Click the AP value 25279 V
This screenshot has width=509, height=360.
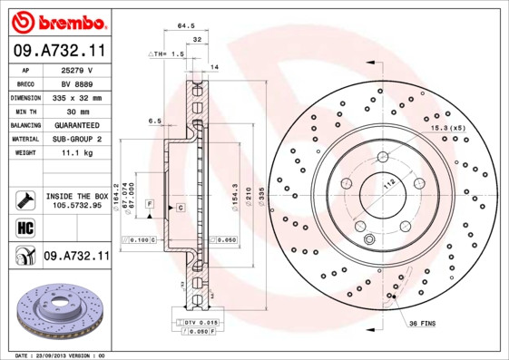tap(76, 70)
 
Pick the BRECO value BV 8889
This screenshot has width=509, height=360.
tap(76, 83)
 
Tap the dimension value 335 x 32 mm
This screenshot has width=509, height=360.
tap(76, 97)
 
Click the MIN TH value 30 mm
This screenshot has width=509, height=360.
tap(76, 111)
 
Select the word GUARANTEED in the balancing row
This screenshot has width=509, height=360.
tap(76, 125)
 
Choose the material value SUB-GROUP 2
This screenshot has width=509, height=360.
tap(76, 139)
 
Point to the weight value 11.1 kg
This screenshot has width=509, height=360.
tap(76, 153)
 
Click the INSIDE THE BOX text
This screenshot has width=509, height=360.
tap(76, 196)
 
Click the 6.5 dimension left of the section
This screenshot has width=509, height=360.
tap(154, 120)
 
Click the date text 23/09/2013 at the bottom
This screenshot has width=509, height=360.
tap(71, 355)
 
